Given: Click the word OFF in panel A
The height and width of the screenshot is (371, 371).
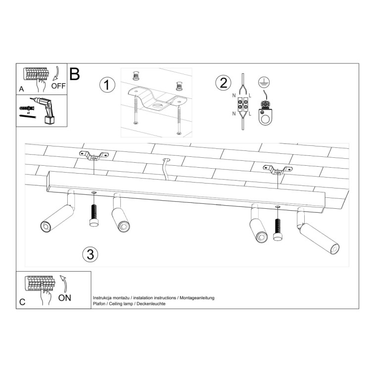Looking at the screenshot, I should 58,85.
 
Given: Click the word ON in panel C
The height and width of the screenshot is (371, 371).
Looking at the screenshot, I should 65,298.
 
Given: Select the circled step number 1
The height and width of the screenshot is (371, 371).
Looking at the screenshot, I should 107,85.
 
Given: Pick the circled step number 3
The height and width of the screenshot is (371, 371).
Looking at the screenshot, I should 90,254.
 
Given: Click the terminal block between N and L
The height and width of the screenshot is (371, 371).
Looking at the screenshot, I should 243,105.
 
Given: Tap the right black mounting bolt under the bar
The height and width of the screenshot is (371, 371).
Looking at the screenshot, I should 278,230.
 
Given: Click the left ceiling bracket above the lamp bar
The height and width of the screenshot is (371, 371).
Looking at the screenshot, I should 94,157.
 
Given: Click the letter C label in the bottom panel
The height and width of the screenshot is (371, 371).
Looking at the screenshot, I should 22,302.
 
